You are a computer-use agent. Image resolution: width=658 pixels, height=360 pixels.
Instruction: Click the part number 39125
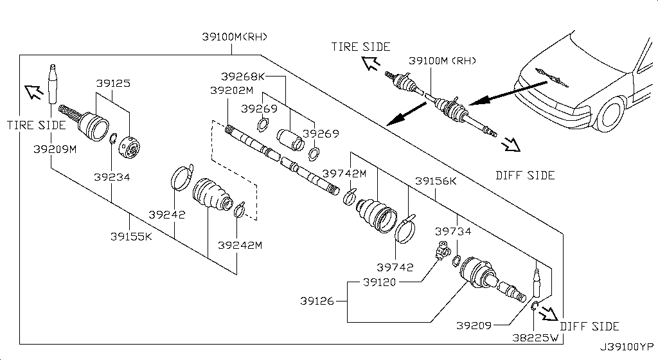(x=113, y=84)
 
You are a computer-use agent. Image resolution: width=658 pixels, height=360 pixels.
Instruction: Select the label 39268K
(x=244, y=76)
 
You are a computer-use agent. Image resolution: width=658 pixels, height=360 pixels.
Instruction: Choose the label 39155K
(x=130, y=236)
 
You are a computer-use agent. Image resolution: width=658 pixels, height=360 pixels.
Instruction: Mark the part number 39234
(x=111, y=176)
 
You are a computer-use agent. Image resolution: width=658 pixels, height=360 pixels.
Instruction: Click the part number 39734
(x=453, y=231)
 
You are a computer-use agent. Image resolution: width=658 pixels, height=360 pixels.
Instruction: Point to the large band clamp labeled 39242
(x=181, y=177)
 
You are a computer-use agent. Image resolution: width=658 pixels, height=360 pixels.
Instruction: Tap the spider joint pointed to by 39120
(x=442, y=251)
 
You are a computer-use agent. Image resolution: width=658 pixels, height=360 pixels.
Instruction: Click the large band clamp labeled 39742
(x=405, y=231)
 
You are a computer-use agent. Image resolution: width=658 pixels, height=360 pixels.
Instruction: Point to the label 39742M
(x=344, y=174)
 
